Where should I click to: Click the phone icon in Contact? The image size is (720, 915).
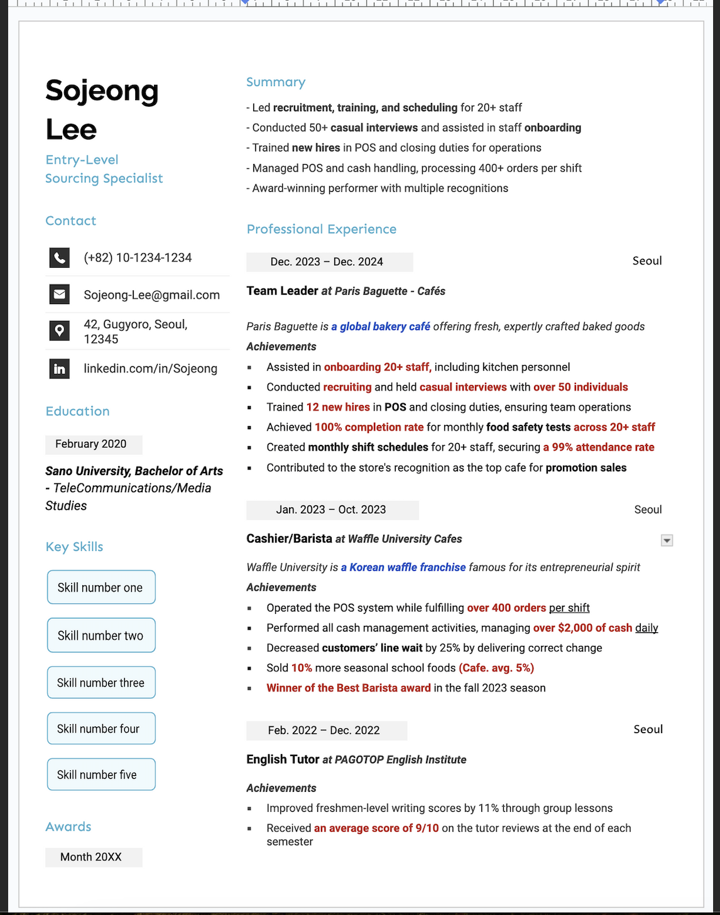tap(59, 258)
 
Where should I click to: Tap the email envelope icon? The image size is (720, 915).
tap(59, 294)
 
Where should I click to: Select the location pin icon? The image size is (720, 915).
tap(59, 331)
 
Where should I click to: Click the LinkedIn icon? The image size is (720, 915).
tap(59, 369)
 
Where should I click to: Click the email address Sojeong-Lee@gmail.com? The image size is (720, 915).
tap(151, 295)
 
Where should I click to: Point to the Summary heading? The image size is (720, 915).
tap(276, 82)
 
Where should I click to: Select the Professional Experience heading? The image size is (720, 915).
tap(321, 229)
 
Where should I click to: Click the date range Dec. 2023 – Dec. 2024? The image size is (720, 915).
tap(327, 262)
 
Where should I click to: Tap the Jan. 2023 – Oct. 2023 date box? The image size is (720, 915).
tap(331, 510)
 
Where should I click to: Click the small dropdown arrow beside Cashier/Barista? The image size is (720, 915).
tap(667, 540)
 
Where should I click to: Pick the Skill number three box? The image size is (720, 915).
tap(101, 682)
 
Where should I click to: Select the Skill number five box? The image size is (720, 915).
tap(101, 775)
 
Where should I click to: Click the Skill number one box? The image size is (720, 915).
tap(101, 588)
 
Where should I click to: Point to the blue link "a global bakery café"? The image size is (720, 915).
tap(381, 327)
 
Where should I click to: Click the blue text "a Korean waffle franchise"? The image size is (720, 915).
tap(403, 567)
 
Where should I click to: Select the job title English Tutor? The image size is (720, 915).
tap(283, 760)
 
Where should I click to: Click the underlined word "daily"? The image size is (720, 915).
tap(646, 628)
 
